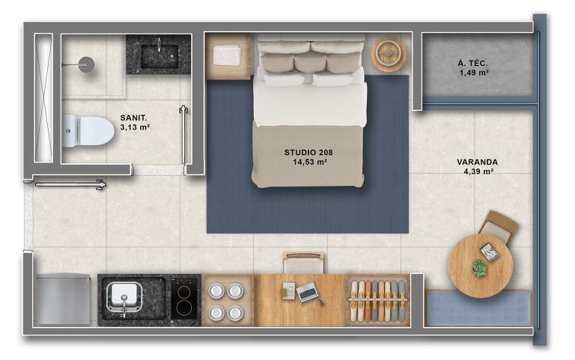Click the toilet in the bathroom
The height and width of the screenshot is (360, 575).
pyautogui.click(x=88, y=131)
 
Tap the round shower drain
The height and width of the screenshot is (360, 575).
pyautogui.click(x=87, y=64)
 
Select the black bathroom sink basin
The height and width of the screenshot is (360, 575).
pyautogui.click(x=159, y=56)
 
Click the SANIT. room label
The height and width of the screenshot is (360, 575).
pyautogui.click(x=133, y=118)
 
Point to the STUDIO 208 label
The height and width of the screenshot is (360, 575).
pyautogui.click(x=308, y=153)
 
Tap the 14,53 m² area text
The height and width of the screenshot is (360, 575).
pyautogui.click(x=310, y=162)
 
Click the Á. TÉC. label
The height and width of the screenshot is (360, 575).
pyautogui.click(x=472, y=64)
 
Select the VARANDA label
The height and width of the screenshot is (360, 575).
pyautogui.click(x=477, y=162)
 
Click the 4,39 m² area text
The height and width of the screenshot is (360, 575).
pyautogui.click(x=478, y=171)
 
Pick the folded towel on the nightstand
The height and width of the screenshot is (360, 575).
pyautogui.click(x=227, y=55)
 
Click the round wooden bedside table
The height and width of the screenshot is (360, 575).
pyautogui.click(x=389, y=54)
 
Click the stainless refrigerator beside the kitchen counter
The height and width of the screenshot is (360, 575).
pyautogui.click(x=63, y=299)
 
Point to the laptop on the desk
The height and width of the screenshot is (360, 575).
pyautogui.click(x=307, y=292)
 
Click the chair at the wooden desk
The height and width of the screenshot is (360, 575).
pyautogui.click(x=303, y=263)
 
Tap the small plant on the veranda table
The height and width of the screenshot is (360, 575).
pyautogui.click(x=479, y=268)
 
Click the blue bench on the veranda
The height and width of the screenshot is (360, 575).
pyautogui.click(x=478, y=308)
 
